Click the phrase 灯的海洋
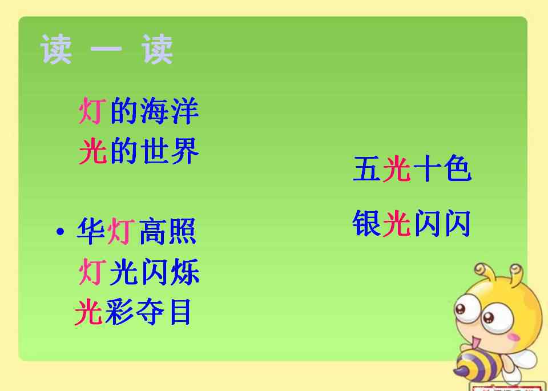click(x=139, y=111)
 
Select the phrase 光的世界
click(x=139, y=151)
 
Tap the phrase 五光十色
click(x=412, y=168)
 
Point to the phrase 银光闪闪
click(x=412, y=224)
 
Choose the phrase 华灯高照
click(x=136, y=231)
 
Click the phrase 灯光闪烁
click(x=139, y=272)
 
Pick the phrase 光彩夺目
click(x=133, y=312)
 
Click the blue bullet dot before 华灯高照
click(x=61, y=231)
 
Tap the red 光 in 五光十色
click(x=397, y=168)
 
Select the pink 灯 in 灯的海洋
click(x=92, y=111)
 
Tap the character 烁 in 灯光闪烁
click(x=185, y=272)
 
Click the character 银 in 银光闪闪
click(x=366, y=224)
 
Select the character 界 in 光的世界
click(x=185, y=151)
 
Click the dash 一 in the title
click(x=106, y=49)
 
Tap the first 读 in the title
click(x=56, y=49)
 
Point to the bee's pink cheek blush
click(x=513, y=337)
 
